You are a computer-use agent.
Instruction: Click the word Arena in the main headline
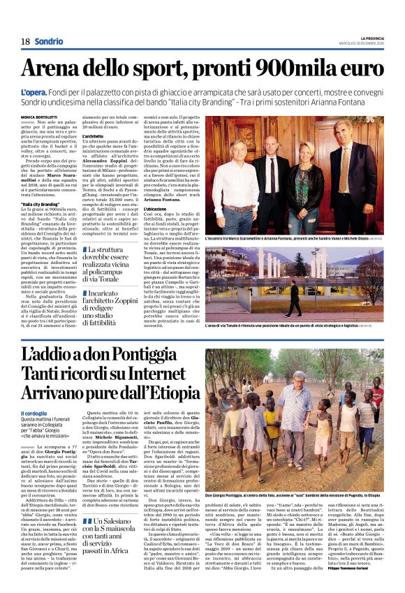click(61, 70)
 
